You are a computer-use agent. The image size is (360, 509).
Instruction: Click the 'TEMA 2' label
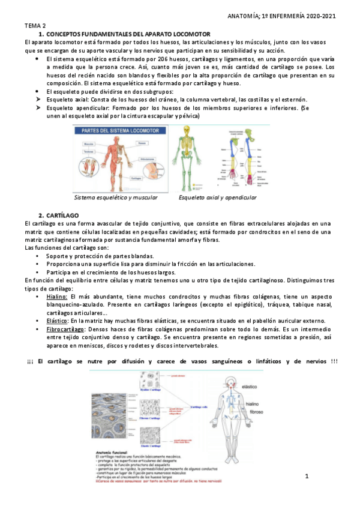[35, 26]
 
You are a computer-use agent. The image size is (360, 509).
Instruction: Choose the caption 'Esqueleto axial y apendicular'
[217, 197]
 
